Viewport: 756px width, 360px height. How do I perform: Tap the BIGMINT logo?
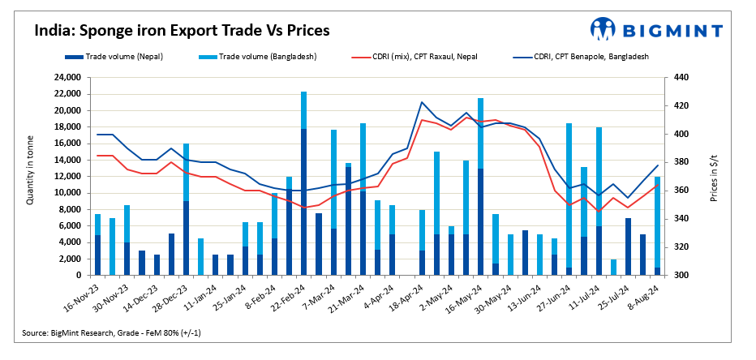(x=656, y=30)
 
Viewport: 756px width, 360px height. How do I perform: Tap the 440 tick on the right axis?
(x=681, y=78)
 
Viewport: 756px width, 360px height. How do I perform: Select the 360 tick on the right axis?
(x=681, y=191)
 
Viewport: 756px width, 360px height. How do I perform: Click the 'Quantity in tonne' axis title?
(x=31, y=176)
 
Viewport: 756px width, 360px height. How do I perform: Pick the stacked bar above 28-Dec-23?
(x=186, y=211)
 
